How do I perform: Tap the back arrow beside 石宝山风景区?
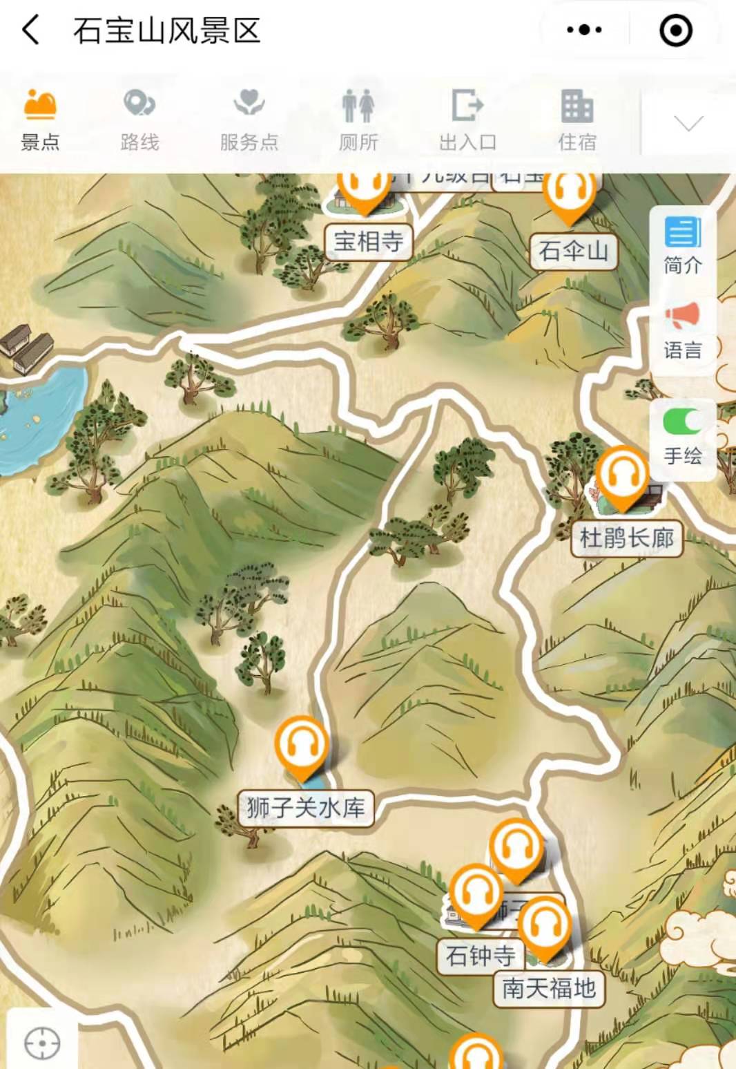31,30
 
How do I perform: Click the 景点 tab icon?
39,105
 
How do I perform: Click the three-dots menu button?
584,30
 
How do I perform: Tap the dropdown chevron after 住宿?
688,123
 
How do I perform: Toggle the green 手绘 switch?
682,422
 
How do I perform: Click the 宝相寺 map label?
368,242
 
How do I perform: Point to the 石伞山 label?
573,251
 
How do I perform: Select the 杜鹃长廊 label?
626,538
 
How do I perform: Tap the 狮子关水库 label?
305,808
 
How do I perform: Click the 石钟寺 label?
480,956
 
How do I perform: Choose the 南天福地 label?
549,988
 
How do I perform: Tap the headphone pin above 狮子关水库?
301,745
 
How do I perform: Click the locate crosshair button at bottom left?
42,1043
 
